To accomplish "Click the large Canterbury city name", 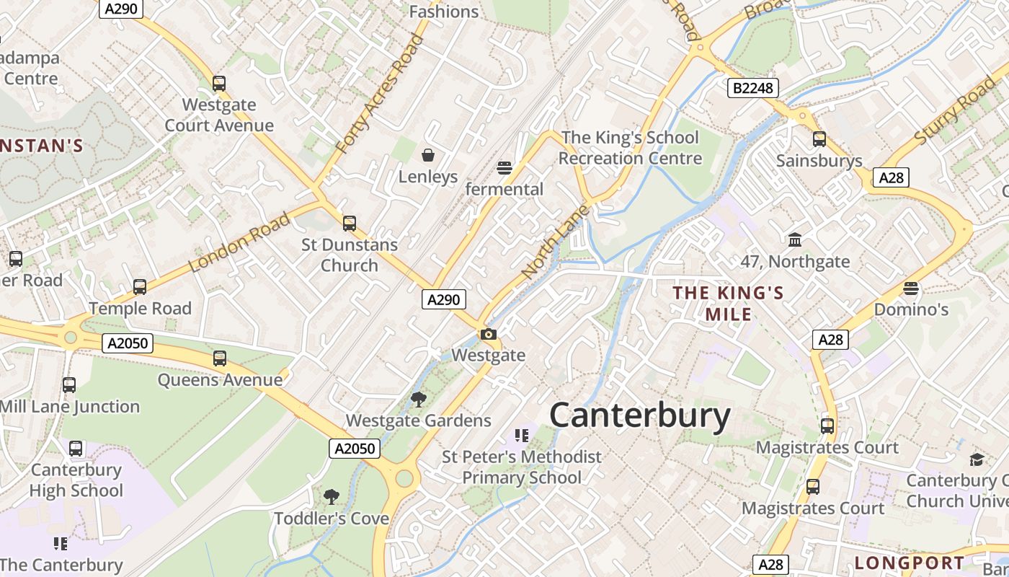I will pos(640,416).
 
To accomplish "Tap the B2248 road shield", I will pos(752,88).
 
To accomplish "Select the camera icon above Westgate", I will pos(489,334).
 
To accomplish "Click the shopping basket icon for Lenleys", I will pos(428,155).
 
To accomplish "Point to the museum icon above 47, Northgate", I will pos(795,239).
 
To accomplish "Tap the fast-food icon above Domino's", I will pos(911,288).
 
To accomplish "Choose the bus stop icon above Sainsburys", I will pos(819,139).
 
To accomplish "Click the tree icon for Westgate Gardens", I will pos(418,399).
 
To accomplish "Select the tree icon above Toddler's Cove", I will pos(332,496).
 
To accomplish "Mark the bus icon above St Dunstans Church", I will pos(350,224).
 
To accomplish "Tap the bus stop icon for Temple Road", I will pos(140,287).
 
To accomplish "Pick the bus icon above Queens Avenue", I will pos(220,358).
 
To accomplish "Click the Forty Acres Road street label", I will pos(379,93).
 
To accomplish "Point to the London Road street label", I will pos(239,242).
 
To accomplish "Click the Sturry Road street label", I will pos(954,112).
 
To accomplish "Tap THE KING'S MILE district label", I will pos(728,303).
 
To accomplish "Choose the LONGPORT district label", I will pos(910,563).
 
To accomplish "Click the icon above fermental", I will pos(504,168).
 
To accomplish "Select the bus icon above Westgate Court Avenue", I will pos(219,84).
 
